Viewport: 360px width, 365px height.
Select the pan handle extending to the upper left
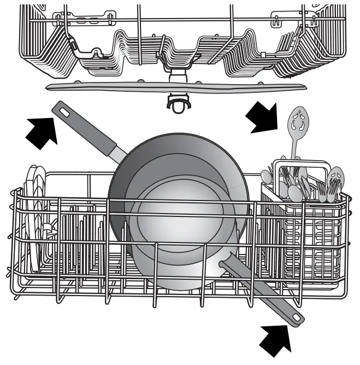point(87,131)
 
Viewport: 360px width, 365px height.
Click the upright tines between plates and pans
point(82,240)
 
